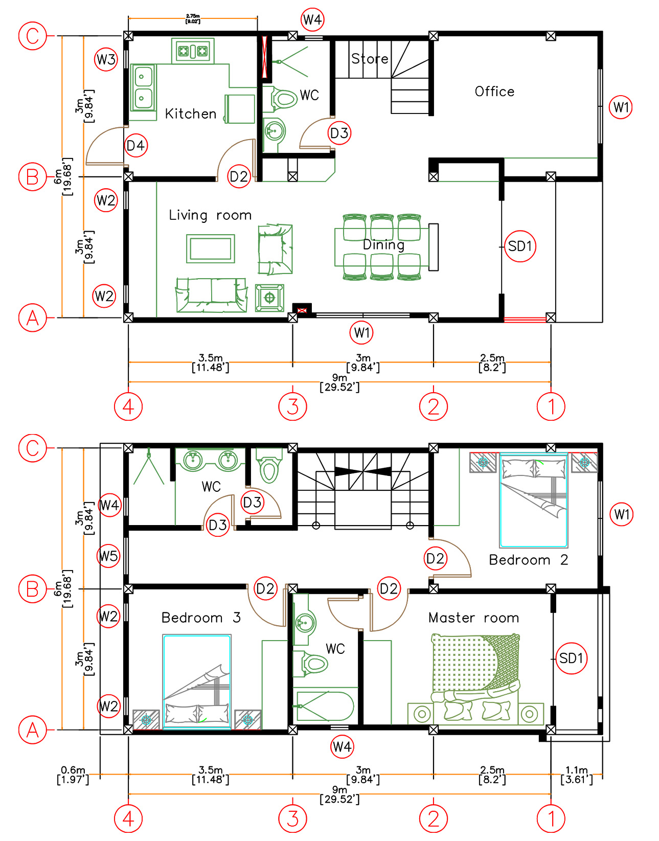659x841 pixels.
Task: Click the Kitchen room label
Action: (x=190, y=114)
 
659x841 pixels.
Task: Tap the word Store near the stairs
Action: (x=370, y=59)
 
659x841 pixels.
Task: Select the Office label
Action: (x=494, y=92)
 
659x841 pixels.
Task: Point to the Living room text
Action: (x=210, y=215)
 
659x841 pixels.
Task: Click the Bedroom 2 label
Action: (x=529, y=560)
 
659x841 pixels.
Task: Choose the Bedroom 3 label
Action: (x=201, y=617)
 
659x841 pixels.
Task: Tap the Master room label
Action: (x=473, y=618)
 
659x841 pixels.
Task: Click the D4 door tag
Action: (x=136, y=146)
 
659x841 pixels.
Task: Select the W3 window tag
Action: (x=106, y=59)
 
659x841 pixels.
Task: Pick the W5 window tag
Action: (x=108, y=556)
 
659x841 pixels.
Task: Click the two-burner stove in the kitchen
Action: (x=193, y=51)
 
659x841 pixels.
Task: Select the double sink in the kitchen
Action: (x=143, y=87)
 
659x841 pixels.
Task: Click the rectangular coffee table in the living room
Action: (x=211, y=248)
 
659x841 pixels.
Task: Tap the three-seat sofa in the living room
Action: (x=211, y=294)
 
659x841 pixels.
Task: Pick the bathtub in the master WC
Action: (x=325, y=707)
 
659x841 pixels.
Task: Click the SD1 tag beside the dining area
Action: (x=520, y=246)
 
